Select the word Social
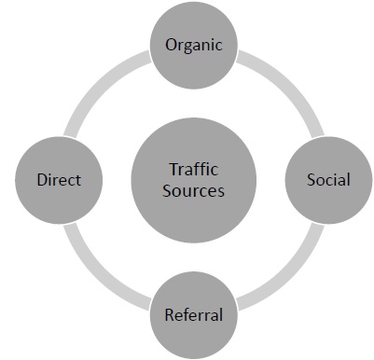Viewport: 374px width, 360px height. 328,179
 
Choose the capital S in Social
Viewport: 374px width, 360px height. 312,179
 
